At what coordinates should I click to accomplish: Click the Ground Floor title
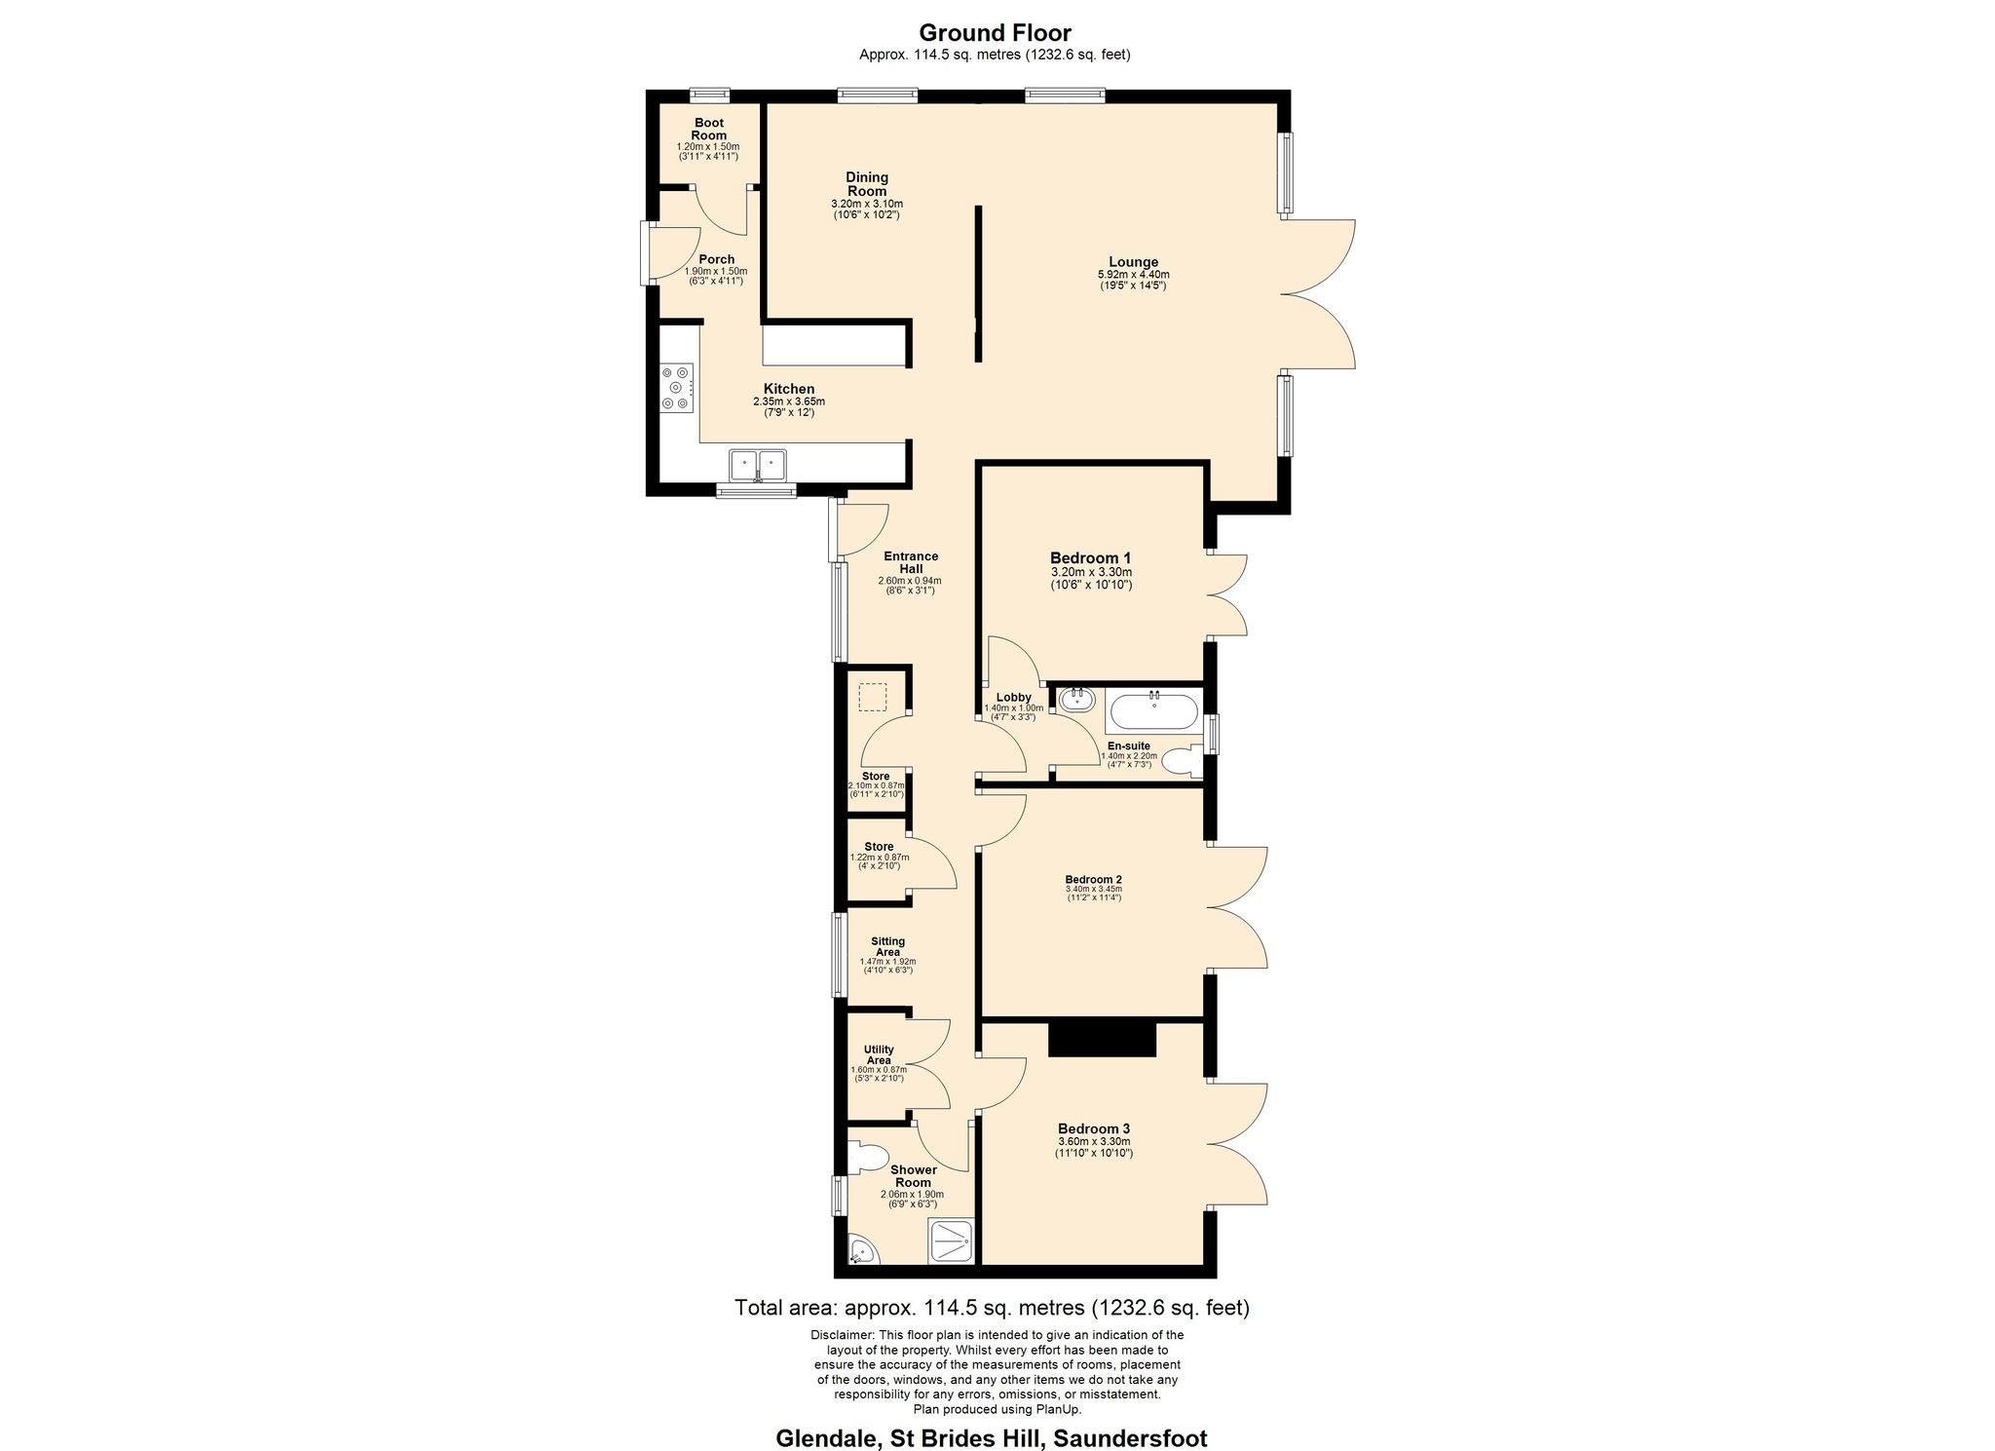995,34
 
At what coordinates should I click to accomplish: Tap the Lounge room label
1133,261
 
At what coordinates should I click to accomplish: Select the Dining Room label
867,184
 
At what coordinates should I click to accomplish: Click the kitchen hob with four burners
677,388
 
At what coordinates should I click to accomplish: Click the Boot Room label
708,129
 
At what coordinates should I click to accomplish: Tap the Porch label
716,259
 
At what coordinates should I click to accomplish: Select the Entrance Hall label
911,562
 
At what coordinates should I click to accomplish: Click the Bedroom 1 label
1090,557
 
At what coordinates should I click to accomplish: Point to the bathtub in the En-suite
1152,710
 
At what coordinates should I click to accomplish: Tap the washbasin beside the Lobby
1076,700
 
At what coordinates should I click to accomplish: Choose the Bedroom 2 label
1093,878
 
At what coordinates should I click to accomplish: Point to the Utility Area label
879,1054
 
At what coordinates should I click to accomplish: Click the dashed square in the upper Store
873,698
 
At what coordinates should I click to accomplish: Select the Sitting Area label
887,946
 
